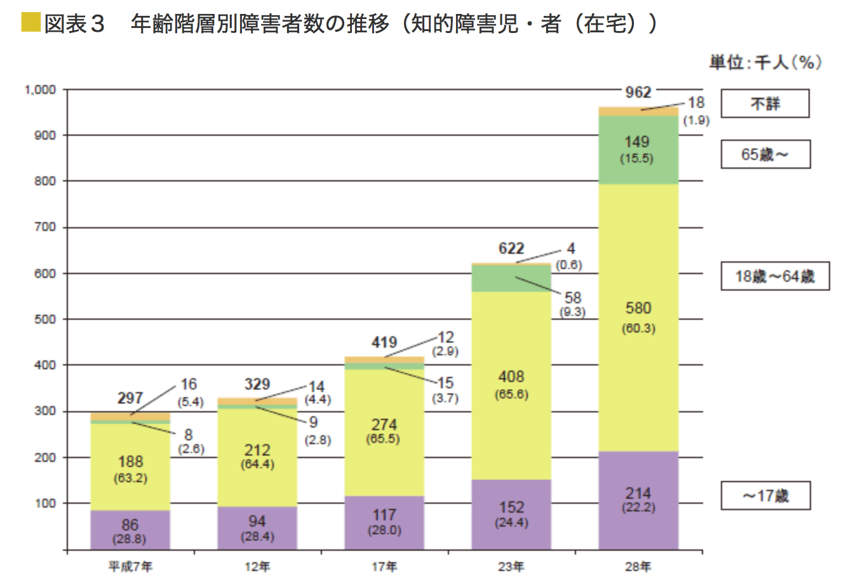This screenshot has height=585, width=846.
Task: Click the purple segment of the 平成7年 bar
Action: click(x=130, y=530)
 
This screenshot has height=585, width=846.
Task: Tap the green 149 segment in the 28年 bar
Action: click(x=638, y=150)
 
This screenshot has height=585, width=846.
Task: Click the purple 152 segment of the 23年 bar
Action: click(x=511, y=514)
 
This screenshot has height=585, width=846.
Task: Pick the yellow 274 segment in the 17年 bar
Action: click(x=384, y=431)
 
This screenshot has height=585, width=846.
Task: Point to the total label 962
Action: click(x=638, y=93)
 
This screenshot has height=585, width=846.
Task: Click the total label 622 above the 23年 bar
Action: click(x=511, y=248)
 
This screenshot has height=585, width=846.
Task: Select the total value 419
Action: click(x=384, y=343)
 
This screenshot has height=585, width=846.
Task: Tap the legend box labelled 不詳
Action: click(x=765, y=103)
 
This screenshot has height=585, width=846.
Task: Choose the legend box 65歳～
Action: click(x=765, y=154)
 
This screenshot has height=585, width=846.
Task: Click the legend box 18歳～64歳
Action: click(x=774, y=277)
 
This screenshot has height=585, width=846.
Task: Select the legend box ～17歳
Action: click(x=765, y=496)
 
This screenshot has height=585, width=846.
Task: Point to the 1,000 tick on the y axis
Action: click(x=40, y=90)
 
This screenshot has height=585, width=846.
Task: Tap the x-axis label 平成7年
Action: click(x=130, y=567)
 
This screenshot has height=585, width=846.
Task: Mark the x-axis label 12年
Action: click(x=257, y=567)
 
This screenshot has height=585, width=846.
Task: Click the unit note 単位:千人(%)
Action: click(x=765, y=62)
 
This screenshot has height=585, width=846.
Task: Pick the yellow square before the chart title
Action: click(x=30, y=23)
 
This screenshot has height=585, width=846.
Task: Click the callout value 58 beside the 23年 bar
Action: click(x=572, y=298)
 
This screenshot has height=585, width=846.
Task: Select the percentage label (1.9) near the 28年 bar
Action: click(x=695, y=121)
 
